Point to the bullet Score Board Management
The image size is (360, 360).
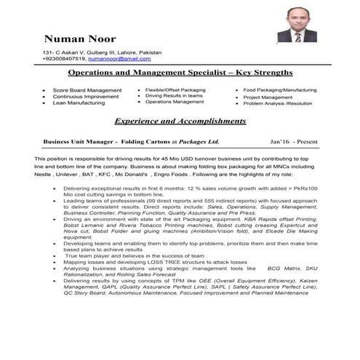[87, 90]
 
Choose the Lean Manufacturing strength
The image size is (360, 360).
[79, 103]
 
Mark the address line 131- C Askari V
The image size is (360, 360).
[68, 52]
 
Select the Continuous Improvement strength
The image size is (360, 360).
[87, 97]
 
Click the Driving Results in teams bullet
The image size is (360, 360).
[174, 96]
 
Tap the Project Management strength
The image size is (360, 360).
[268, 97]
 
